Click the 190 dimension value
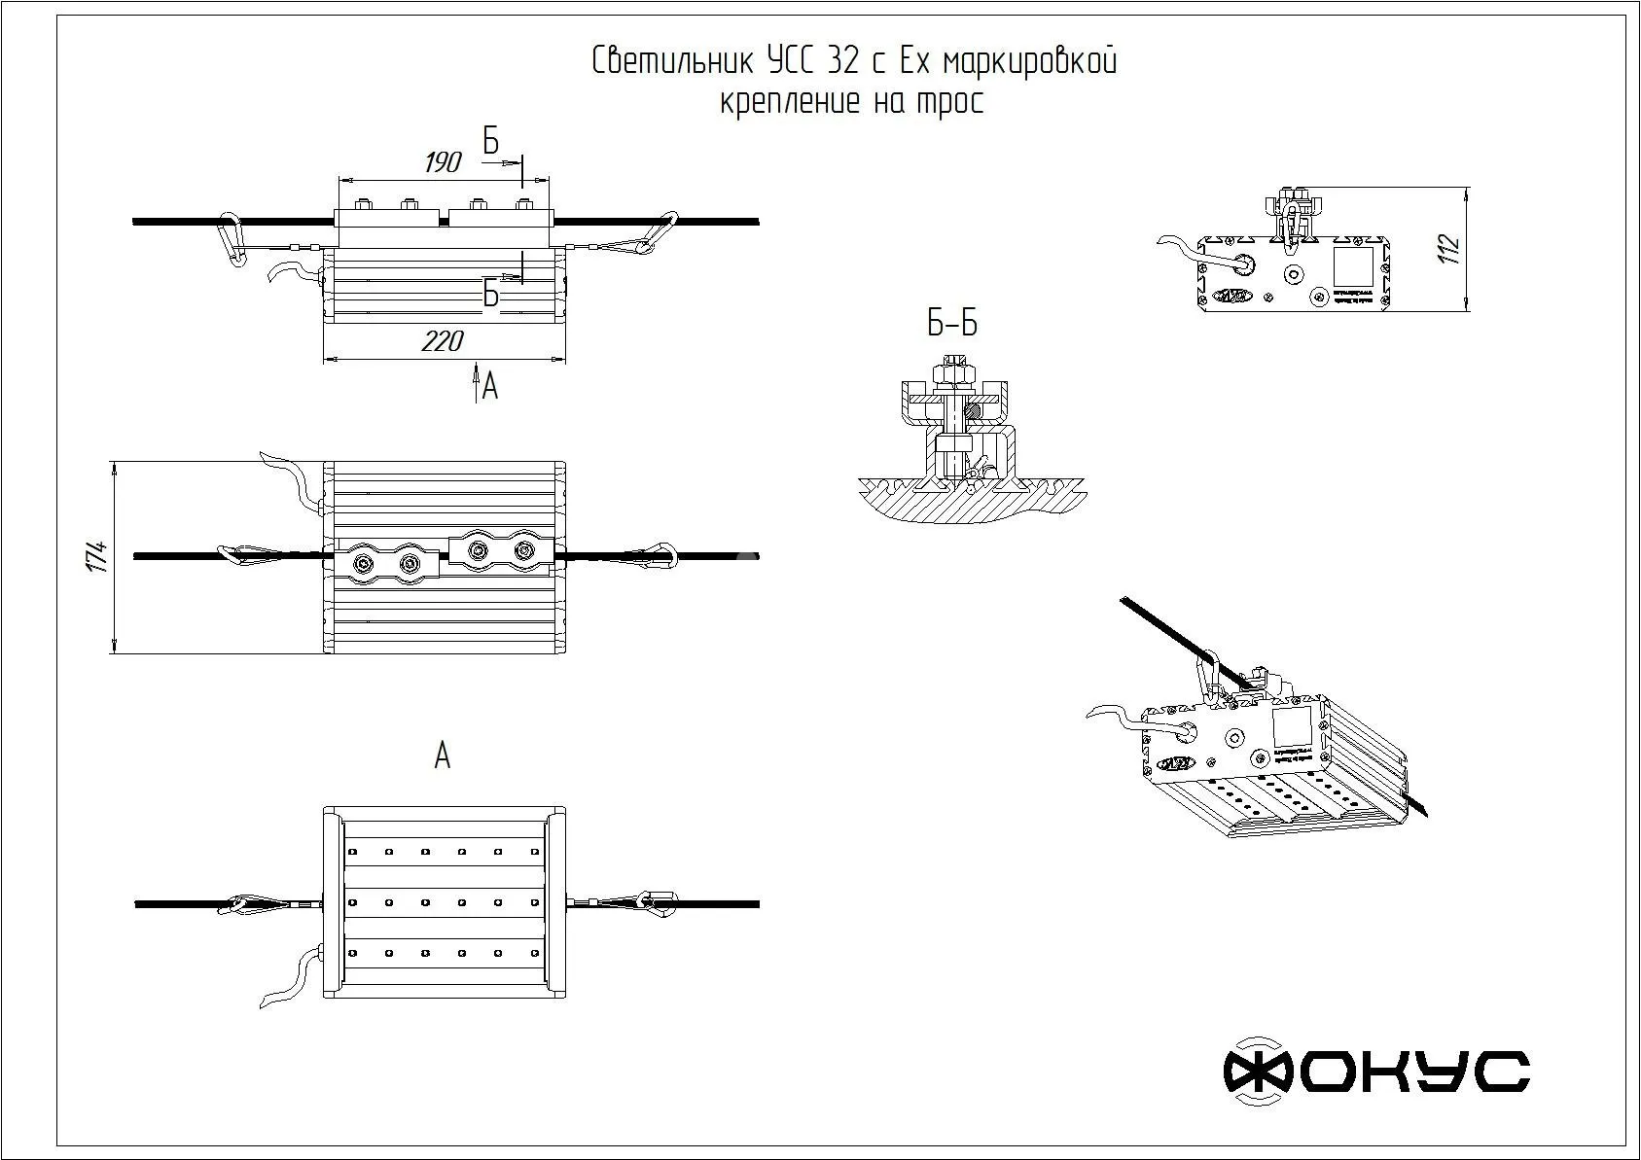[443, 161]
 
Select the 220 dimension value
[443, 341]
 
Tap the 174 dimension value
[96, 556]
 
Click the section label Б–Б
[951, 324]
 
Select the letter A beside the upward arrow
[490, 388]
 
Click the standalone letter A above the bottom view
[443, 756]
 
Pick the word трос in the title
[950, 101]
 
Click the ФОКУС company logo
[1375, 1072]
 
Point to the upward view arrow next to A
[476, 380]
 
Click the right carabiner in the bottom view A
[660, 903]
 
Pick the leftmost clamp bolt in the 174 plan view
[364, 564]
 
